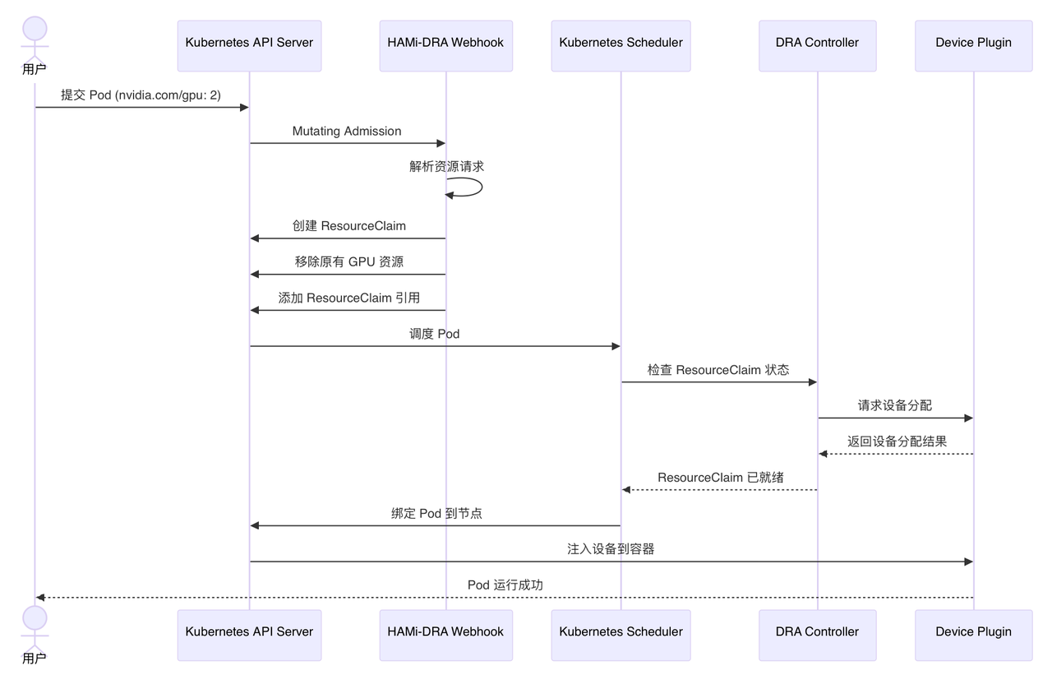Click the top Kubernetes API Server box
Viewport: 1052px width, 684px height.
coord(249,45)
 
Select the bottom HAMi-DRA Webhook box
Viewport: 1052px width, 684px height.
coord(446,635)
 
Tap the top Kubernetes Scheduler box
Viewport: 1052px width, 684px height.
coord(621,45)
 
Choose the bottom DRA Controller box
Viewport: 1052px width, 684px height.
coord(818,635)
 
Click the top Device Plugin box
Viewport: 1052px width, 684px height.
coord(974,45)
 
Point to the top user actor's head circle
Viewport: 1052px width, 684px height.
coord(35,28)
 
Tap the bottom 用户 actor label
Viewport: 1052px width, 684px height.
coord(35,659)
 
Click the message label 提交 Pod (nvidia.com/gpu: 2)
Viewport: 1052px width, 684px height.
coord(141,95)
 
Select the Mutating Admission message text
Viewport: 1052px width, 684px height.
coord(347,131)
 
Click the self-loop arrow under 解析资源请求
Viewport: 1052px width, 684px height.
coord(482,187)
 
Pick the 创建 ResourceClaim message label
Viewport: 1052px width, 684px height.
coord(349,226)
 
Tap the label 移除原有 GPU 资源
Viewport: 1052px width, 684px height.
coord(349,261)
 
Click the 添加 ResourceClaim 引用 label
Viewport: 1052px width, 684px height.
coord(349,298)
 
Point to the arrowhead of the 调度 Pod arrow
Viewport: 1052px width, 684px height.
coord(616,346)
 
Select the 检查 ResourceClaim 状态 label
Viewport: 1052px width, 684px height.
coord(718,370)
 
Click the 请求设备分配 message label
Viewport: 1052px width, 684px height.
coord(895,405)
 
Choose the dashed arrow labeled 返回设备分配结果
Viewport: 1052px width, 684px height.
coord(896,454)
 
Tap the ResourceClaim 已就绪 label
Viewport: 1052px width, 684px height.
coord(721,478)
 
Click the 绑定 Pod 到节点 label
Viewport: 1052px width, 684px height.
coord(436,513)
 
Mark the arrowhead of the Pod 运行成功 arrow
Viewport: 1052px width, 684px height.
coord(40,598)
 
